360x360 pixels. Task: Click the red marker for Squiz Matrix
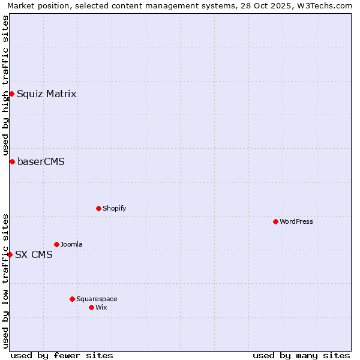(11, 94)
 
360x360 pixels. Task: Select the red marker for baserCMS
(12, 161)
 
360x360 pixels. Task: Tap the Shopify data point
(98, 208)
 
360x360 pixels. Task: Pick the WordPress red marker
(275, 221)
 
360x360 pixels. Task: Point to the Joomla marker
(56, 244)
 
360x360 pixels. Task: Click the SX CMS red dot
(10, 254)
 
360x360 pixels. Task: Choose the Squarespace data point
(72, 299)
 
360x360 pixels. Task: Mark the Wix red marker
(91, 307)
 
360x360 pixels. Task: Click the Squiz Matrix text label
(46, 94)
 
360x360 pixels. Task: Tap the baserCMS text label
(41, 161)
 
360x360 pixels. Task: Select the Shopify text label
(114, 208)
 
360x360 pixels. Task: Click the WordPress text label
(296, 221)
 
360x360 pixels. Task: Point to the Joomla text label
(71, 244)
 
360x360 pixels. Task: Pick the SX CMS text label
(34, 254)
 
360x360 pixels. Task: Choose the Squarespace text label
(97, 299)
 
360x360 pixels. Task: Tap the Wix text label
(101, 307)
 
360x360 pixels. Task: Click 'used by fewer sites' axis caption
(62, 355)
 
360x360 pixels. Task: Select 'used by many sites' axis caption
(301, 355)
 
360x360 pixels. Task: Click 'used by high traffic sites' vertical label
(5, 85)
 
